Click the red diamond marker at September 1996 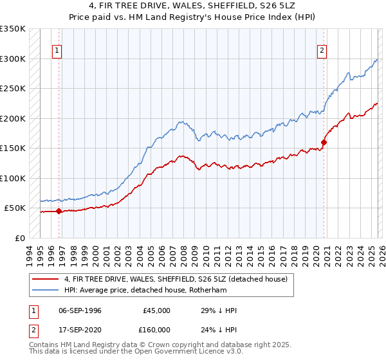(59, 211)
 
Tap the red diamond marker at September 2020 (324, 143)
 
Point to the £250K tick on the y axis (13, 89)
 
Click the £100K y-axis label (13, 178)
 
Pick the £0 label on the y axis (18, 238)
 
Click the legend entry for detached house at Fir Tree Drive (179, 278)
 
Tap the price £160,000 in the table (156, 329)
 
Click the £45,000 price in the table (156, 310)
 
